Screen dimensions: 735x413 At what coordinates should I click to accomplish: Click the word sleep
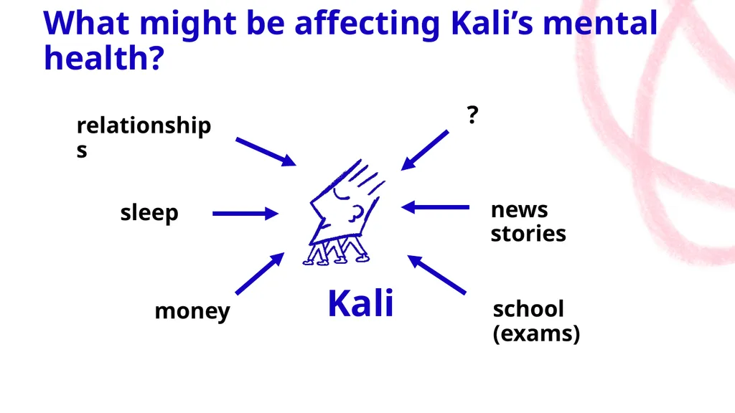(149, 214)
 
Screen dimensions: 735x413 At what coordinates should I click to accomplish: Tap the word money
(192, 311)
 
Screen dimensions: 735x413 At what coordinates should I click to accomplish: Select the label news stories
(528, 222)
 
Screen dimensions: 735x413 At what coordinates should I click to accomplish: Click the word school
(528, 308)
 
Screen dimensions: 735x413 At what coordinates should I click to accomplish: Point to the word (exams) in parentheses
(536, 333)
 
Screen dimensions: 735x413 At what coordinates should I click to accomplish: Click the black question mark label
(472, 115)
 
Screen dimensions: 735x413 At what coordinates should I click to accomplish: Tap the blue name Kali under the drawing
(360, 303)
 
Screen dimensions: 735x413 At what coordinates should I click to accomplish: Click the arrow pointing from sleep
(245, 214)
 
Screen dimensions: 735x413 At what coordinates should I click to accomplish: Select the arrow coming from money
(260, 273)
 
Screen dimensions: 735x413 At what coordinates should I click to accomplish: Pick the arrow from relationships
(266, 152)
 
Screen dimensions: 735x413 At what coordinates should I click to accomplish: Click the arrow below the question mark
(425, 151)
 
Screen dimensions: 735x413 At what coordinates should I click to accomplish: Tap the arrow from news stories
(436, 207)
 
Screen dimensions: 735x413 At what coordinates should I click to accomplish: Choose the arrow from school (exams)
(436, 275)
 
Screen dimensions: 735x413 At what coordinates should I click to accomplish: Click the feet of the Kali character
(336, 258)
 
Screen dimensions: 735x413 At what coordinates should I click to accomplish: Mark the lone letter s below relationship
(82, 151)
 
